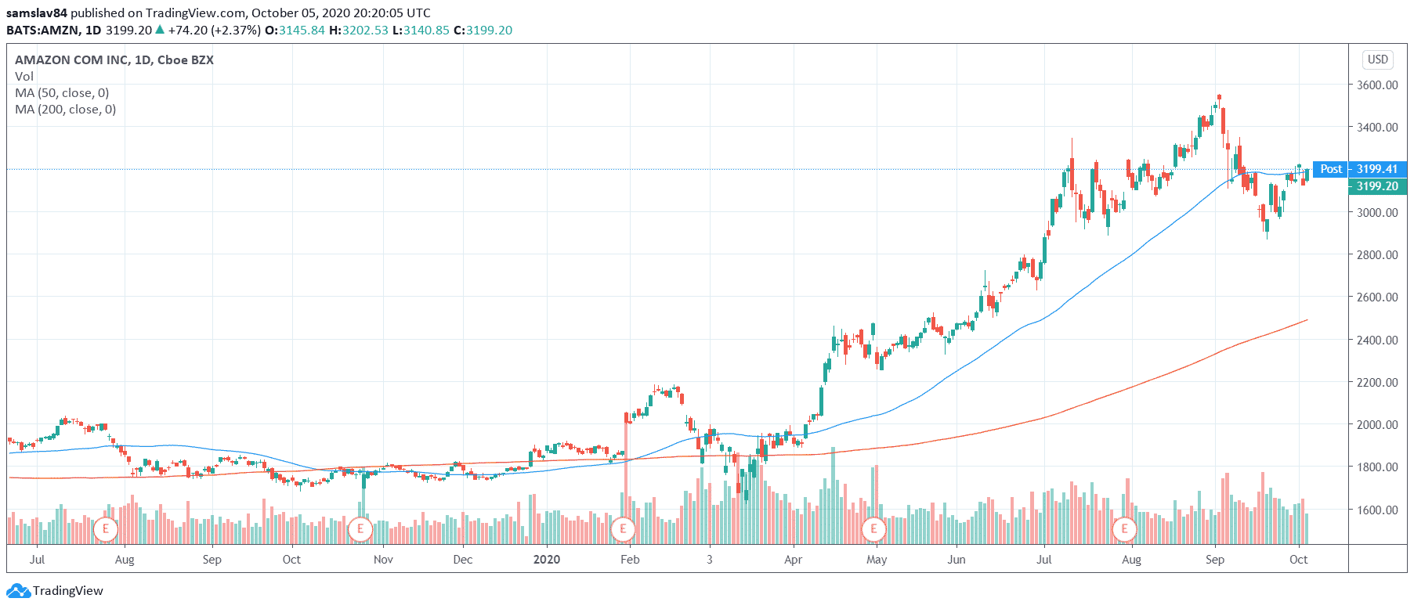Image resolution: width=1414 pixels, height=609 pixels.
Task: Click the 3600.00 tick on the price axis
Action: click(1377, 85)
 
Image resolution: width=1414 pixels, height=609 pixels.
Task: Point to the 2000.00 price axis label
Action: click(1377, 424)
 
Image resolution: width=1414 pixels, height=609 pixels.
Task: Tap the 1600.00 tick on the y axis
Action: click(1377, 510)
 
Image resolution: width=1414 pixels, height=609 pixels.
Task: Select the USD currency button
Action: click(1377, 59)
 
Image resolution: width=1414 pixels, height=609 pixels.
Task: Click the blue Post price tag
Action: click(1330, 169)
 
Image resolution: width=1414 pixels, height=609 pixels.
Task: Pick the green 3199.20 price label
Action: click(1377, 186)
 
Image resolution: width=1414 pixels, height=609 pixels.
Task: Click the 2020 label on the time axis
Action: click(546, 560)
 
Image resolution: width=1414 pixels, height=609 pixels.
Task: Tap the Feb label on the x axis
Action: click(630, 560)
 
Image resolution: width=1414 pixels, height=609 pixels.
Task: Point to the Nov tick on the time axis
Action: click(383, 560)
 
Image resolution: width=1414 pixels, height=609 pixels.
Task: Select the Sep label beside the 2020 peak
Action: click(1214, 560)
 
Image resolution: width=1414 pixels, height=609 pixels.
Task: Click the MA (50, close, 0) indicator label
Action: click(62, 93)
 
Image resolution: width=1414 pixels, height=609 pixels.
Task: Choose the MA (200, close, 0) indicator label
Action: click(65, 110)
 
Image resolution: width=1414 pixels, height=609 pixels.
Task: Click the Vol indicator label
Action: click(24, 77)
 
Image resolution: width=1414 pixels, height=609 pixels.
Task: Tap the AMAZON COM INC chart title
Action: click(114, 60)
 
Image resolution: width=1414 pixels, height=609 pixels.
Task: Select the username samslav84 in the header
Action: click(37, 13)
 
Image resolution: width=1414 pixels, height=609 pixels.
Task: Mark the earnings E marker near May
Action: click(873, 529)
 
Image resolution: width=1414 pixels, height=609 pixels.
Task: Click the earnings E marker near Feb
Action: click(623, 529)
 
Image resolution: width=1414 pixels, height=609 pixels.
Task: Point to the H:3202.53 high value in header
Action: click(359, 31)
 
